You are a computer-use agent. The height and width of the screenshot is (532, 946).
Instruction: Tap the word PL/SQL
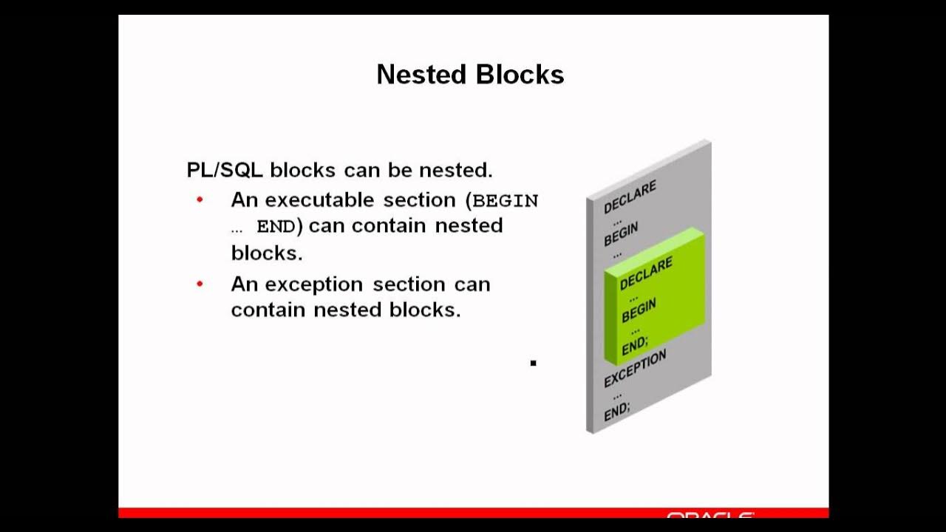coord(225,170)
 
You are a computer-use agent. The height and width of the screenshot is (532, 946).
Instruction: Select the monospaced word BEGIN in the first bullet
coord(506,200)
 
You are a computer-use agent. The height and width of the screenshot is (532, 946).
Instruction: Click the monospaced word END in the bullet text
coord(276,227)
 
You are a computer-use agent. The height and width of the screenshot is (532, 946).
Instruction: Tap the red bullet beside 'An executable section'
coord(200,200)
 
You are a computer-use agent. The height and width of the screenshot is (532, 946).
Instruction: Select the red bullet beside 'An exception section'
coord(200,284)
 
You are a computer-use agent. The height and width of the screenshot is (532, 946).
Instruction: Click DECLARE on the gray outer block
coord(630,197)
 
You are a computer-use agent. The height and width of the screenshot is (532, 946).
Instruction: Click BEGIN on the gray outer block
coord(621,234)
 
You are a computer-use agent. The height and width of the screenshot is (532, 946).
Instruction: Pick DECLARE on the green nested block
coord(646,273)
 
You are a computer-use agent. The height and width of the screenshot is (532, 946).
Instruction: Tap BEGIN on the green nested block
coord(639,310)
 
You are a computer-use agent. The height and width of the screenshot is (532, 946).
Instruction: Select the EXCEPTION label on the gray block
coord(635,368)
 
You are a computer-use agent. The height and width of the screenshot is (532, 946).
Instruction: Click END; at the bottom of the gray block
coord(617,412)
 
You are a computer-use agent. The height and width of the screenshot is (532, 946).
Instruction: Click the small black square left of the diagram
coord(533,363)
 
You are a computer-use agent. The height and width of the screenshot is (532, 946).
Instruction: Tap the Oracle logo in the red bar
coord(709,514)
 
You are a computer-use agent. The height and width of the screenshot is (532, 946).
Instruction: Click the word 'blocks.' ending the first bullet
coord(267,253)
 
